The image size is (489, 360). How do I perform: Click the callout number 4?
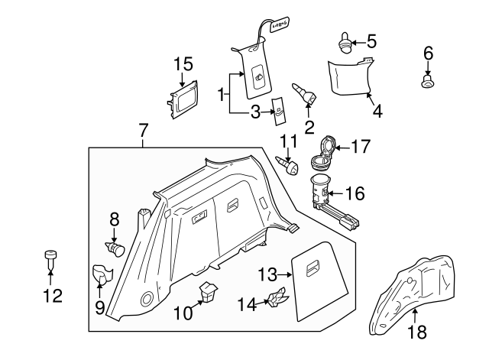[377, 111]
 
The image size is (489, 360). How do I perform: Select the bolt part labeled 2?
[306, 96]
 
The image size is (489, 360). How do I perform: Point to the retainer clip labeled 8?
[115, 248]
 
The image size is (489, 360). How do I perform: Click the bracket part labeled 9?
[101, 273]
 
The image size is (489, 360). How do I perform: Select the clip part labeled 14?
[277, 299]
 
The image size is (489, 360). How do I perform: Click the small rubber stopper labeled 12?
[50, 256]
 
